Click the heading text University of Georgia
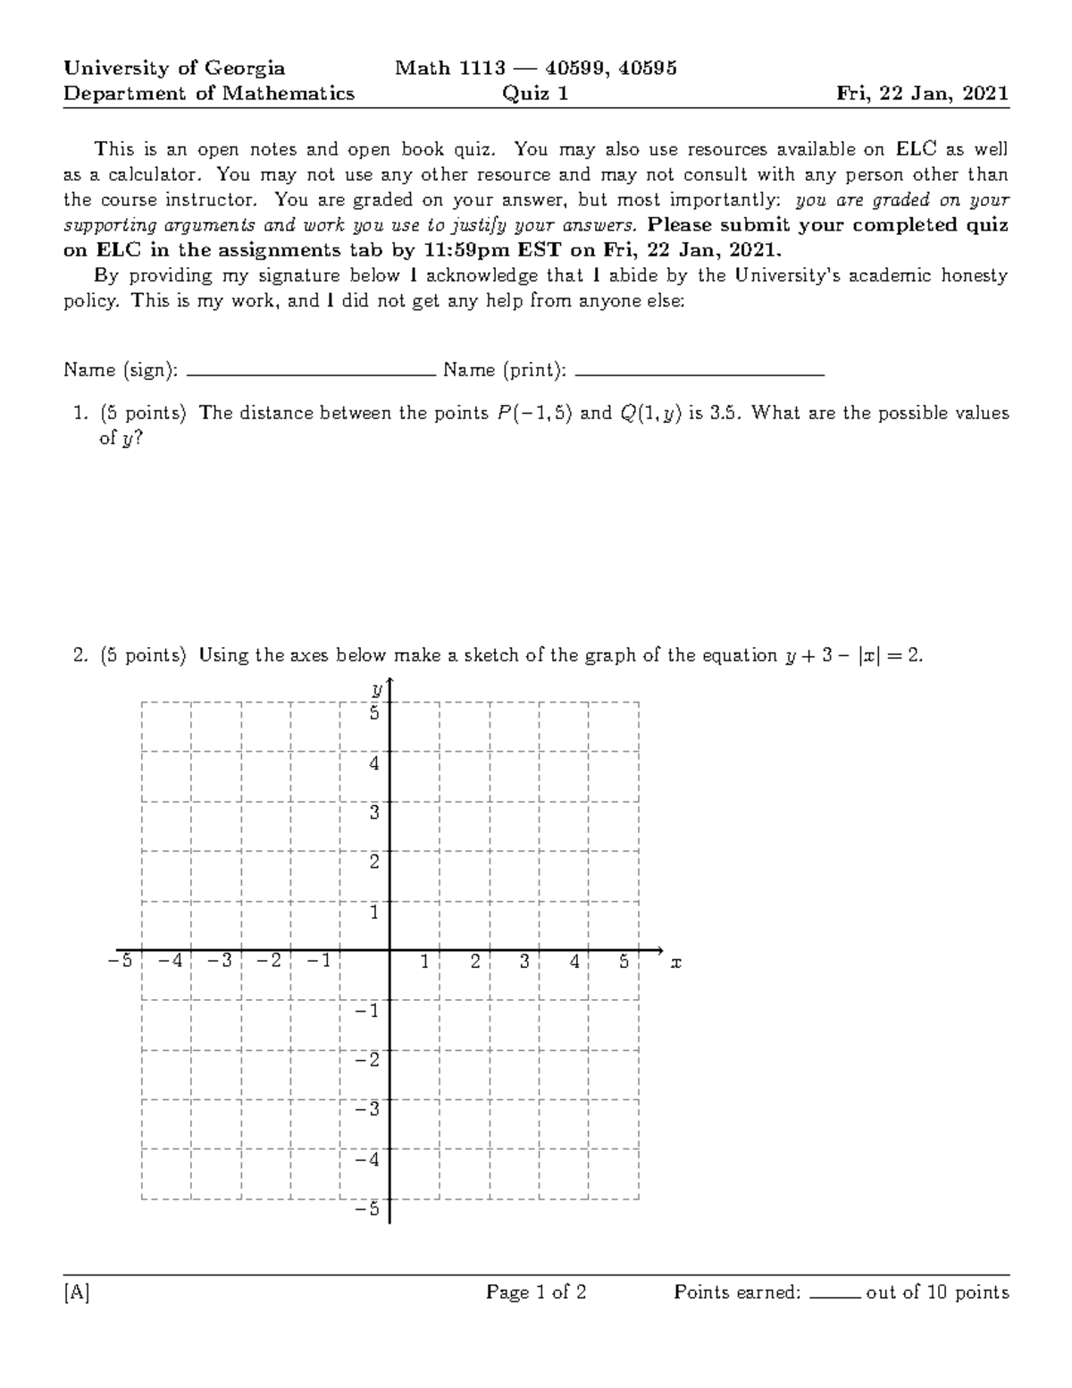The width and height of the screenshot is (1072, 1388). (174, 68)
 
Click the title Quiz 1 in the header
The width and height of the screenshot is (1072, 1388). (535, 94)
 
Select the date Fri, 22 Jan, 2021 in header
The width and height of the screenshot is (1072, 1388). (922, 94)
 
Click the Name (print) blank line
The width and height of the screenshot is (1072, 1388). (700, 374)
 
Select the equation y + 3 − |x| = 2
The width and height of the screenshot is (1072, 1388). (852, 655)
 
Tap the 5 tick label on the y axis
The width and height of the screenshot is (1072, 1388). (375, 713)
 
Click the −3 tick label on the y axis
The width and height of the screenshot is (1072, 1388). (367, 1109)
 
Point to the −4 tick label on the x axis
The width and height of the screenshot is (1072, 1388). (170, 962)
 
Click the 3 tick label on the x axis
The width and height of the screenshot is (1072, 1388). (524, 962)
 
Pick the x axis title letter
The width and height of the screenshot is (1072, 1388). (676, 963)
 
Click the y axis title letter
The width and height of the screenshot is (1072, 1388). (378, 689)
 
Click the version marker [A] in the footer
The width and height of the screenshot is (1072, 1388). (77, 1292)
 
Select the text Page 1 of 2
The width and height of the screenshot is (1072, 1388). (536, 1292)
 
